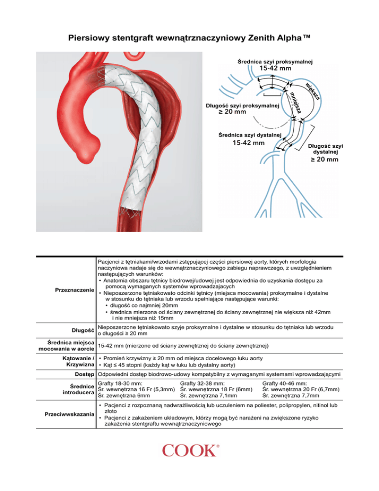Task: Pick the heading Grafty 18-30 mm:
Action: click(x=121, y=383)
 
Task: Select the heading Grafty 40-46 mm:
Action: click(x=286, y=383)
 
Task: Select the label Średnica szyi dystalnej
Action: click(x=249, y=134)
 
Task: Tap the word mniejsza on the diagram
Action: click(x=296, y=100)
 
